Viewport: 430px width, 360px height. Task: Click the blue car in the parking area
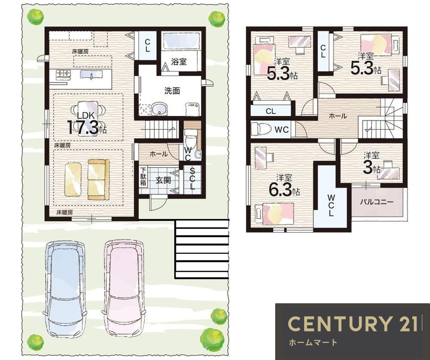(x=66, y=289)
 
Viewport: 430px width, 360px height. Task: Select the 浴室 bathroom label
(x=179, y=61)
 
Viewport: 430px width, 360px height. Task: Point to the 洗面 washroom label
(x=172, y=91)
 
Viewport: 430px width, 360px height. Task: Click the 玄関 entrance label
(x=163, y=180)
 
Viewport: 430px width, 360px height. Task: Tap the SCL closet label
(x=192, y=179)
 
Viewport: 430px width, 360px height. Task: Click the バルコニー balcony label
(x=377, y=202)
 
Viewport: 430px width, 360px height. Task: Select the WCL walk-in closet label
(x=331, y=205)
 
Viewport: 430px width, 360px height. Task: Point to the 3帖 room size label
(x=372, y=168)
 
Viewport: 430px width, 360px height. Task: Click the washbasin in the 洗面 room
(x=159, y=109)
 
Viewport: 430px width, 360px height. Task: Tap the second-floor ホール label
(x=338, y=116)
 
